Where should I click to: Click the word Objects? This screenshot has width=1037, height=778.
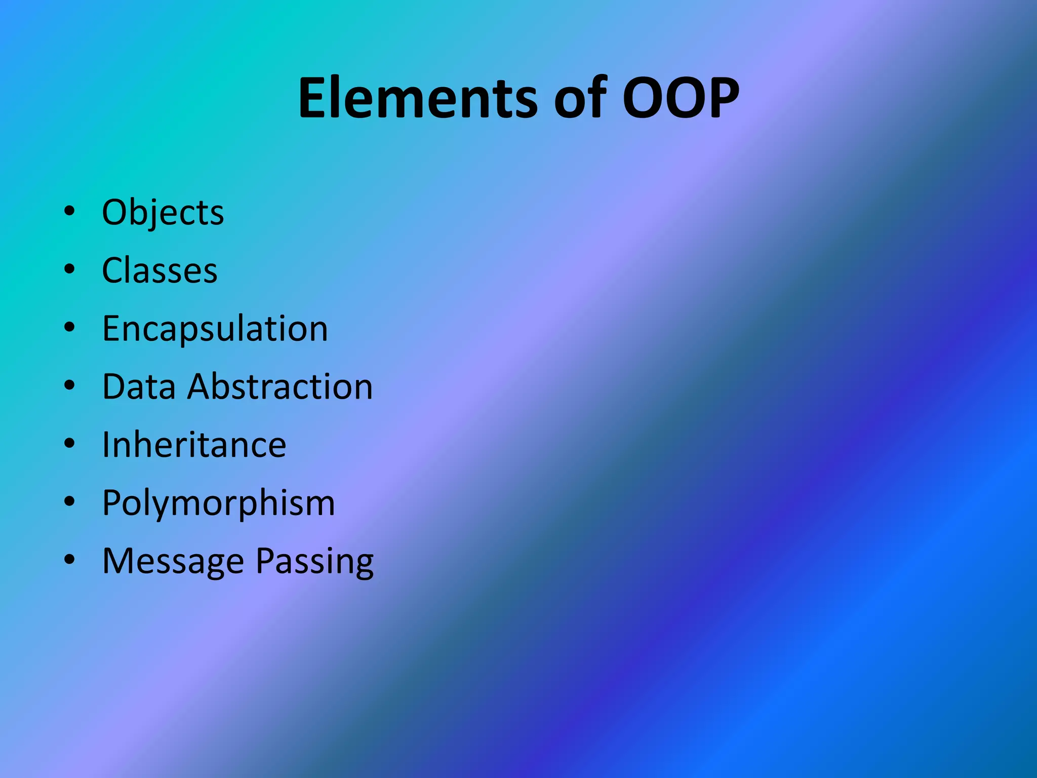[163, 212]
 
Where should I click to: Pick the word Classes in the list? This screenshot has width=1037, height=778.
[159, 270]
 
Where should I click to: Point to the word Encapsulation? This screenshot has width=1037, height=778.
[215, 329]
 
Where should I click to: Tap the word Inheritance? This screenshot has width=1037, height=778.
[194, 445]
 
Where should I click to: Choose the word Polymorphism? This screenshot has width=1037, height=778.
[218, 503]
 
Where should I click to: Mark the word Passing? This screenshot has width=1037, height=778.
[314, 561]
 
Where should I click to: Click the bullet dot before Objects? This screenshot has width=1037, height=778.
[69, 211]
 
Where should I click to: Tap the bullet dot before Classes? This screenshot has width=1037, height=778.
[69, 269]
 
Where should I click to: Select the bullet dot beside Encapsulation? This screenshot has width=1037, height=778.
[69, 327]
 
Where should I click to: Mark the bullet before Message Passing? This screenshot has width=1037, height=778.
[69, 560]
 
